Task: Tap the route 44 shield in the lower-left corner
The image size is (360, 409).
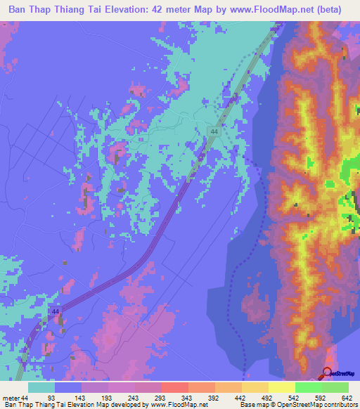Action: pos(55,311)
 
